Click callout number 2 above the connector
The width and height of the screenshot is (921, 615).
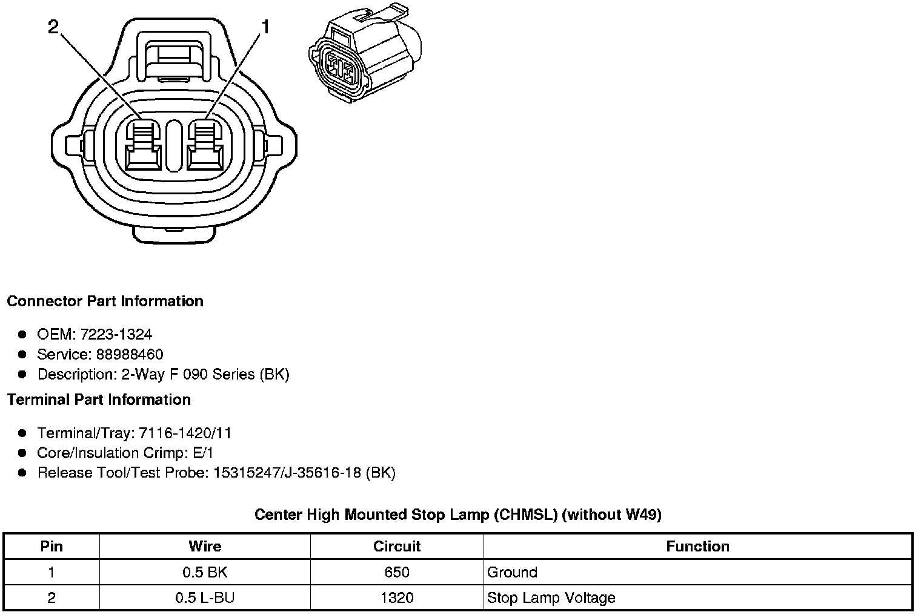click(54, 27)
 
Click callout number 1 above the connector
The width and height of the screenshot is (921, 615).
click(265, 27)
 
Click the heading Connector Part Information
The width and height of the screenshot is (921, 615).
click(105, 301)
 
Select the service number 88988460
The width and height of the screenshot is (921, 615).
click(129, 354)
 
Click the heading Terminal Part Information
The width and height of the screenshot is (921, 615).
click(99, 400)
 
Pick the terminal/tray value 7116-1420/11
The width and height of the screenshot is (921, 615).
click(185, 433)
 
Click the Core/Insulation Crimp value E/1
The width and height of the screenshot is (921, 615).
click(201, 453)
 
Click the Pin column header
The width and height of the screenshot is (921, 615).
click(52, 547)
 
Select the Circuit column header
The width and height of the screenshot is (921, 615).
click(397, 547)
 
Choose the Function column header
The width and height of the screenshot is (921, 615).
click(697, 547)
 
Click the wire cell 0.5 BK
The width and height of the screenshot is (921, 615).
click(205, 573)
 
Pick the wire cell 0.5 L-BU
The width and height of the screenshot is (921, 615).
click(205, 598)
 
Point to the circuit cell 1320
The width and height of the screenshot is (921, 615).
click(397, 598)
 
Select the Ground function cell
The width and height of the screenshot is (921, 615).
click(513, 573)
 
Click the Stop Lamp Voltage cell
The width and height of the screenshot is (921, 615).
click(551, 598)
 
